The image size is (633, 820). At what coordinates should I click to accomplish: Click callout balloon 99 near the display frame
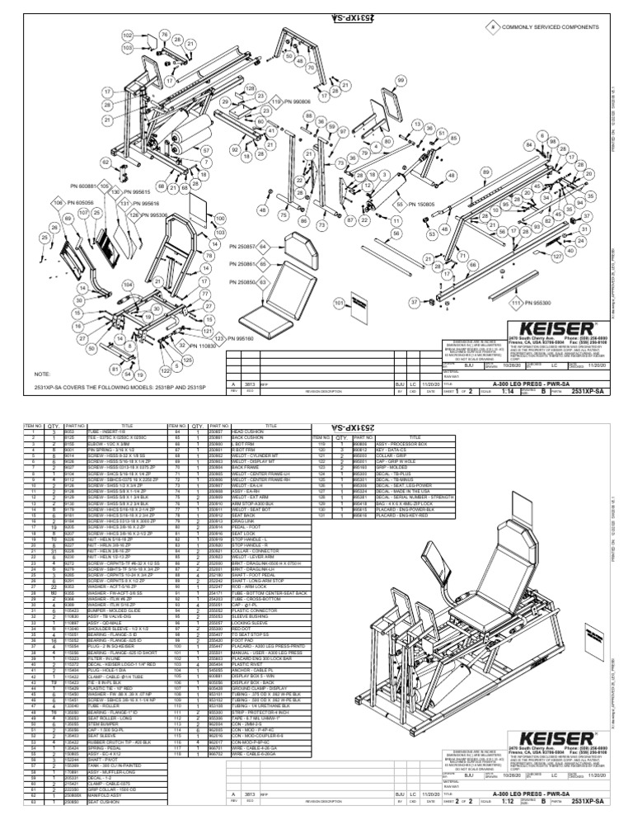point(401,80)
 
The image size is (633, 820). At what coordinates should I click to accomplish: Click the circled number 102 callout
point(128,37)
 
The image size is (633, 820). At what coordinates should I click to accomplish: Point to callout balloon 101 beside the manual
point(338,303)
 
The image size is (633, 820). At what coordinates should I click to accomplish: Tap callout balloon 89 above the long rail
point(485,171)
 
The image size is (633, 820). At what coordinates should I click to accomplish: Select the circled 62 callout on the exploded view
point(106,163)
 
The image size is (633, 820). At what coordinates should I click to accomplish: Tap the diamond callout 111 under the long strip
point(516,304)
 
